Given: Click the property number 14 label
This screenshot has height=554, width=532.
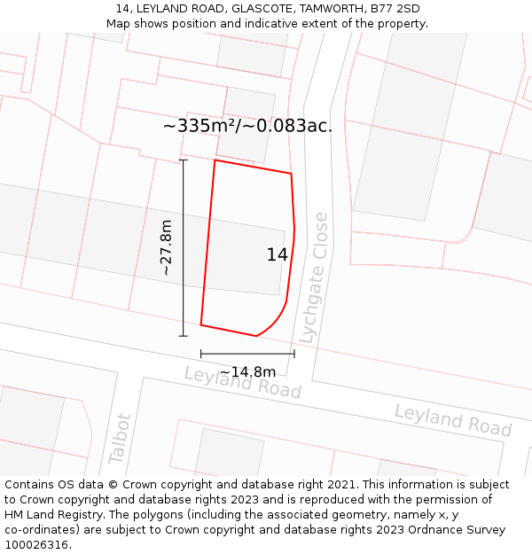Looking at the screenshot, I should (x=277, y=255).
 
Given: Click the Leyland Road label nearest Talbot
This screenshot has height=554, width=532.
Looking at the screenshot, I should (x=242, y=382).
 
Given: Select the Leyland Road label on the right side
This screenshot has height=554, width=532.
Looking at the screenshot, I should (x=453, y=419).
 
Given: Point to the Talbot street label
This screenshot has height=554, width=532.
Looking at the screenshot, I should (x=120, y=438).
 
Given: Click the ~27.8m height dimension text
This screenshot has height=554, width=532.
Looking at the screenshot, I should (x=166, y=248).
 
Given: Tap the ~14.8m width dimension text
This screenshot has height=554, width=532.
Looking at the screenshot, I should (x=247, y=371).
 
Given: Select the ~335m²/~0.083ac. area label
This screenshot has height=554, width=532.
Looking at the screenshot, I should (x=247, y=126).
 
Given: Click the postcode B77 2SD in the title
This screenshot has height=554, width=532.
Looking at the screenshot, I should (x=395, y=9).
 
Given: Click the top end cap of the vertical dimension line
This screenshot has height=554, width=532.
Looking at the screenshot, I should (x=184, y=160).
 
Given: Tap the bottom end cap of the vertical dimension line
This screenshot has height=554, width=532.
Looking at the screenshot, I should (x=184, y=336).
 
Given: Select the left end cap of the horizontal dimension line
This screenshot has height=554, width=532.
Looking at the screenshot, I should (x=201, y=354).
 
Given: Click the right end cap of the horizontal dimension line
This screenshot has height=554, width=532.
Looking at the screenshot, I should (x=294, y=354).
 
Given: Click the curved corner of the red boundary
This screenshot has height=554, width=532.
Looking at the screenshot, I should (x=276, y=321).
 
